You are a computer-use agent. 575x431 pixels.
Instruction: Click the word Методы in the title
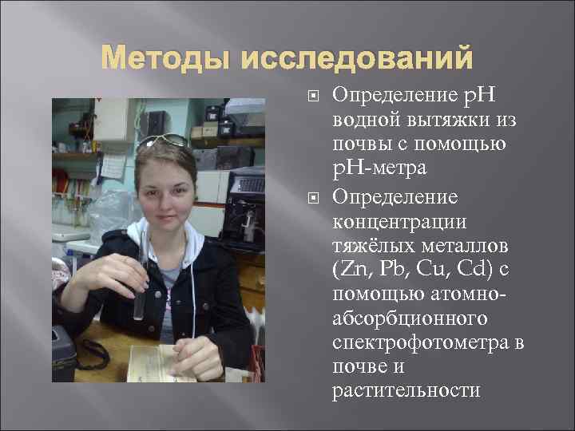(x=159, y=60)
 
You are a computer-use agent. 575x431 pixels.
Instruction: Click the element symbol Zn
(x=347, y=266)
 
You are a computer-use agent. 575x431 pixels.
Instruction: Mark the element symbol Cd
(x=458, y=266)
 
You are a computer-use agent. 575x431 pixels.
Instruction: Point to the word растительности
(x=406, y=391)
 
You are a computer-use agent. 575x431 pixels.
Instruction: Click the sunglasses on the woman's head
(x=164, y=142)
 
